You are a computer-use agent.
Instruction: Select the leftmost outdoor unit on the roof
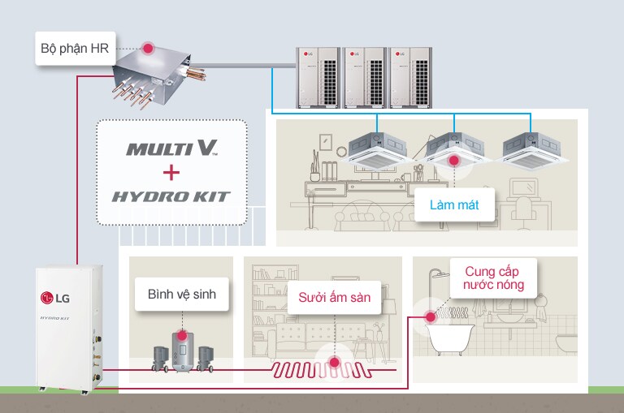[x=318, y=76]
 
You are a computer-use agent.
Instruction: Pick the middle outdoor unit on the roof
[x=365, y=76]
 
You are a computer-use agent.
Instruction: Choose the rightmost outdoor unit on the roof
[x=410, y=76]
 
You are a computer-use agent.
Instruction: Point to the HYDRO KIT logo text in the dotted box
[x=171, y=196]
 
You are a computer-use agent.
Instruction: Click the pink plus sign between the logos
[x=171, y=172]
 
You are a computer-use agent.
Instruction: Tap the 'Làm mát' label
[x=454, y=205]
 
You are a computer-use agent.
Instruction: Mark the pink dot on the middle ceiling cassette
[x=454, y=160]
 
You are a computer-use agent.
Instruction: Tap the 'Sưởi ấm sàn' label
[x=333, y=298]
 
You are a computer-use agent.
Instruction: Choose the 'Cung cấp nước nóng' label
[x=494, y=277]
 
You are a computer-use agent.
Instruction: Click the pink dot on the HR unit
[x=149, y=48]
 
